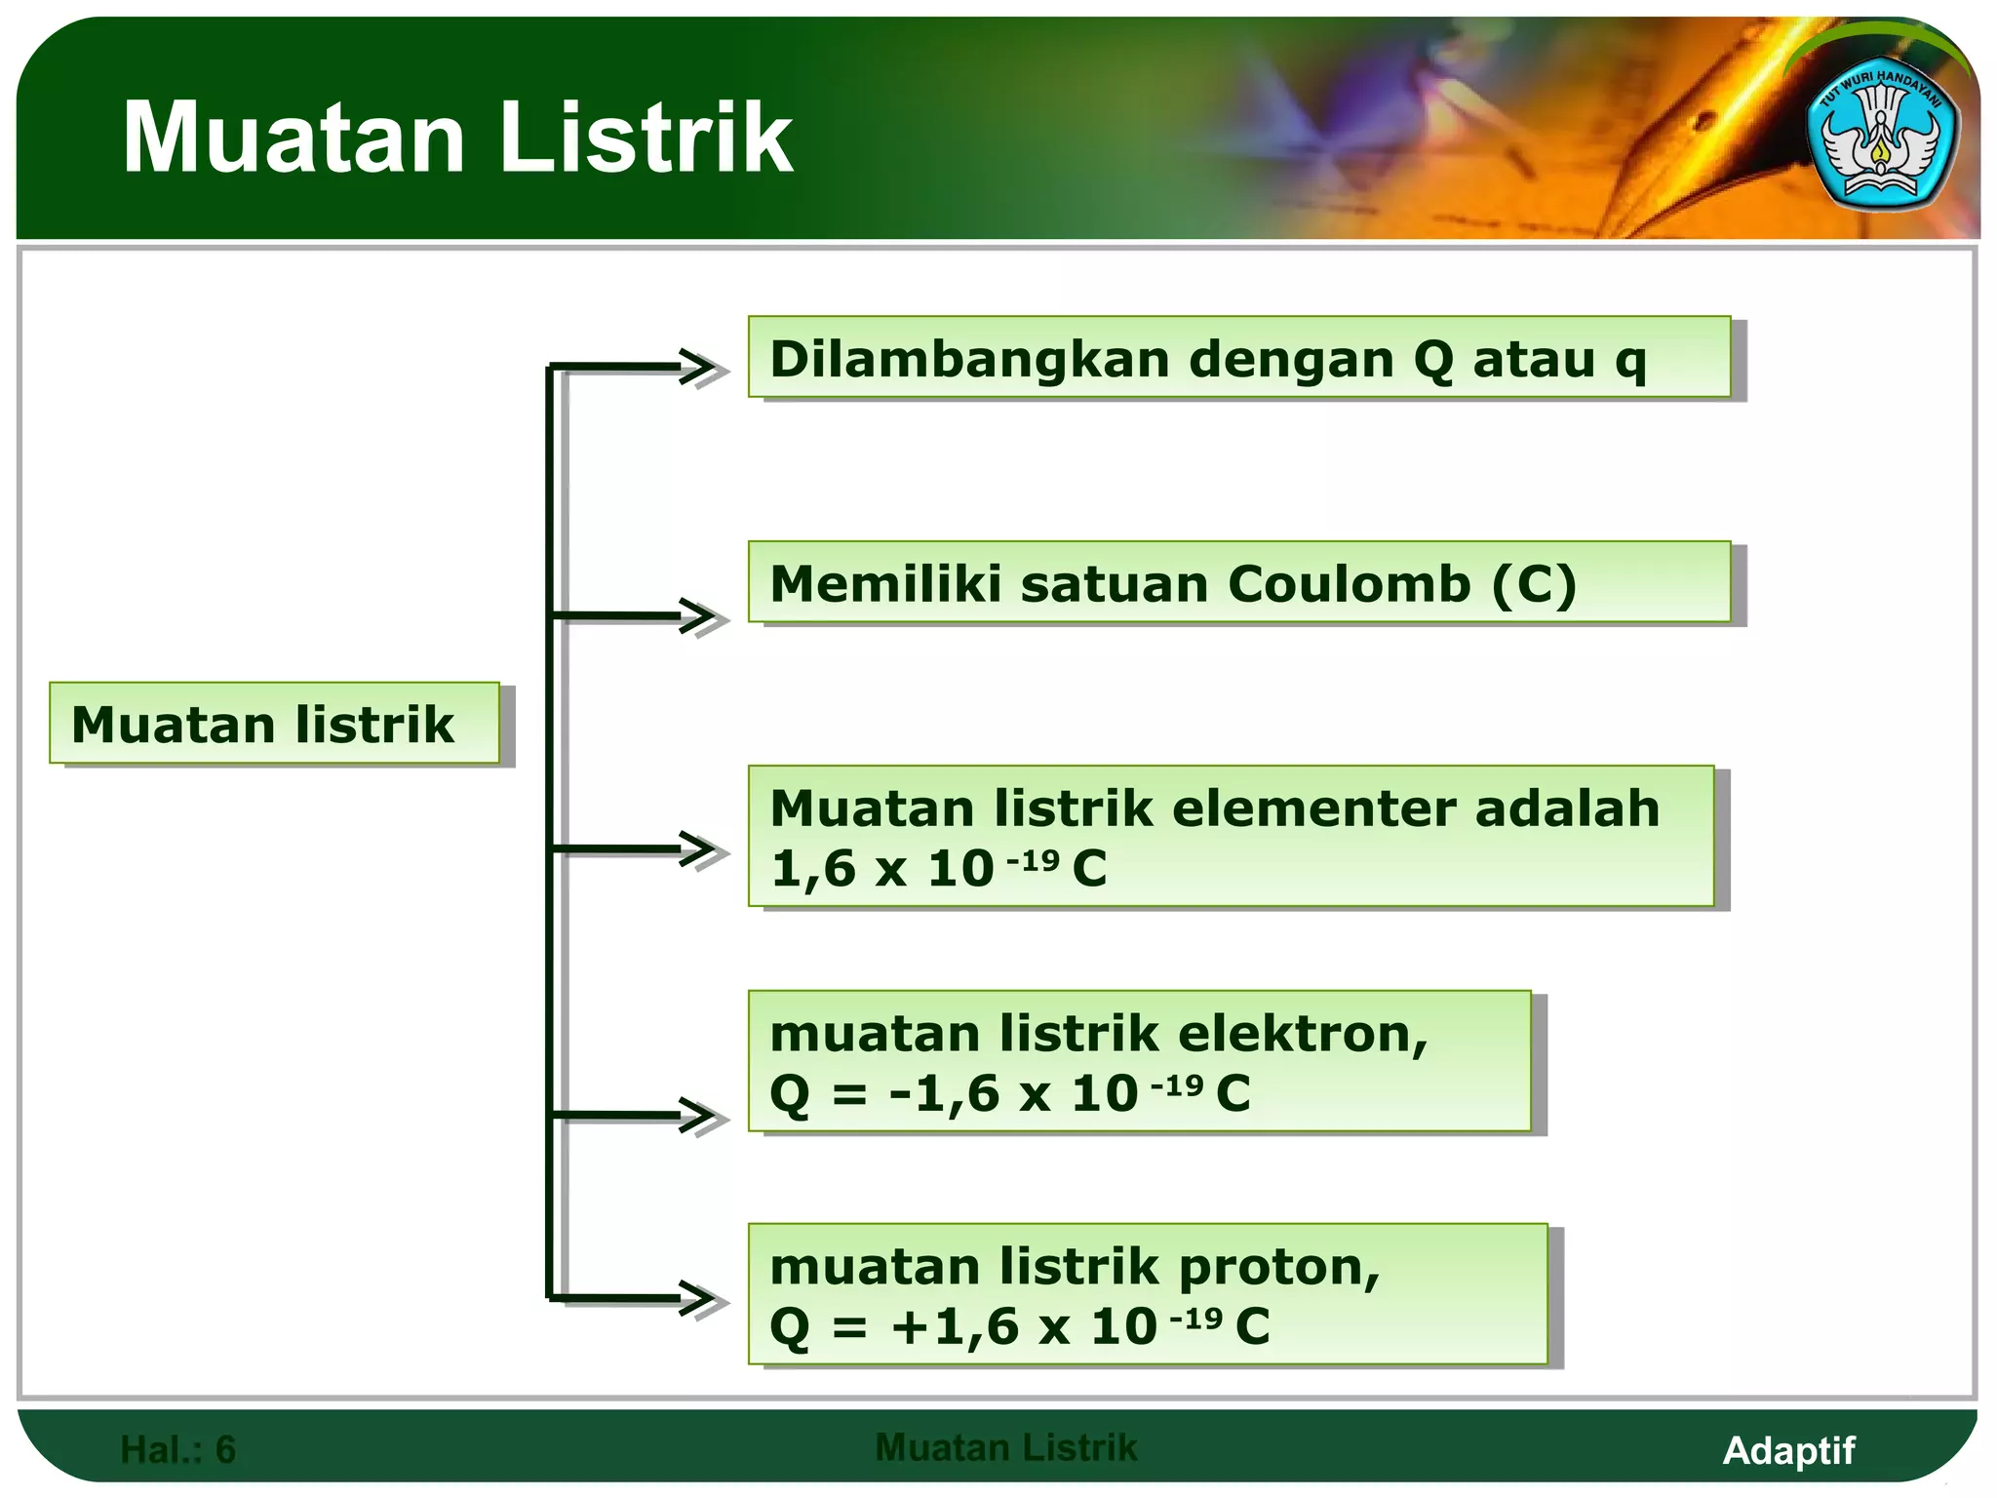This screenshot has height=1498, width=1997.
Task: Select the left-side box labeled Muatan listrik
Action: pos(274,724)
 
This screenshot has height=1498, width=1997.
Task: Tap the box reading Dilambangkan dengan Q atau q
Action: pos(1238,358)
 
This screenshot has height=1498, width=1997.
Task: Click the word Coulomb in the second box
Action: pos(1349,584)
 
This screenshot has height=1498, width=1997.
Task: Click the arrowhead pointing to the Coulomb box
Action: pos(701,616)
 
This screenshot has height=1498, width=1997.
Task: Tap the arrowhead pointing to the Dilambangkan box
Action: pos(701,368)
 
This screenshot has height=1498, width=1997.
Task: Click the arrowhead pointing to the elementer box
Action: pos(701,849)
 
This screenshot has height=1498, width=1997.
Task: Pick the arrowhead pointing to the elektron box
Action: pos(701,1116)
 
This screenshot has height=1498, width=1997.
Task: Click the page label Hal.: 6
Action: pos(177,1450)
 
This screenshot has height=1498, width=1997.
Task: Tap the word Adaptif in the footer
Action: pos(1788,1450)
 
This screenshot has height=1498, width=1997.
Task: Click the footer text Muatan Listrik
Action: pos(1005,1447)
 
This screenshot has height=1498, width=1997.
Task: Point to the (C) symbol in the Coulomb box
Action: pos(1534,584)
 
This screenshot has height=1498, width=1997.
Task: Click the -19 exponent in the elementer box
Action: pos(1033,860)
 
